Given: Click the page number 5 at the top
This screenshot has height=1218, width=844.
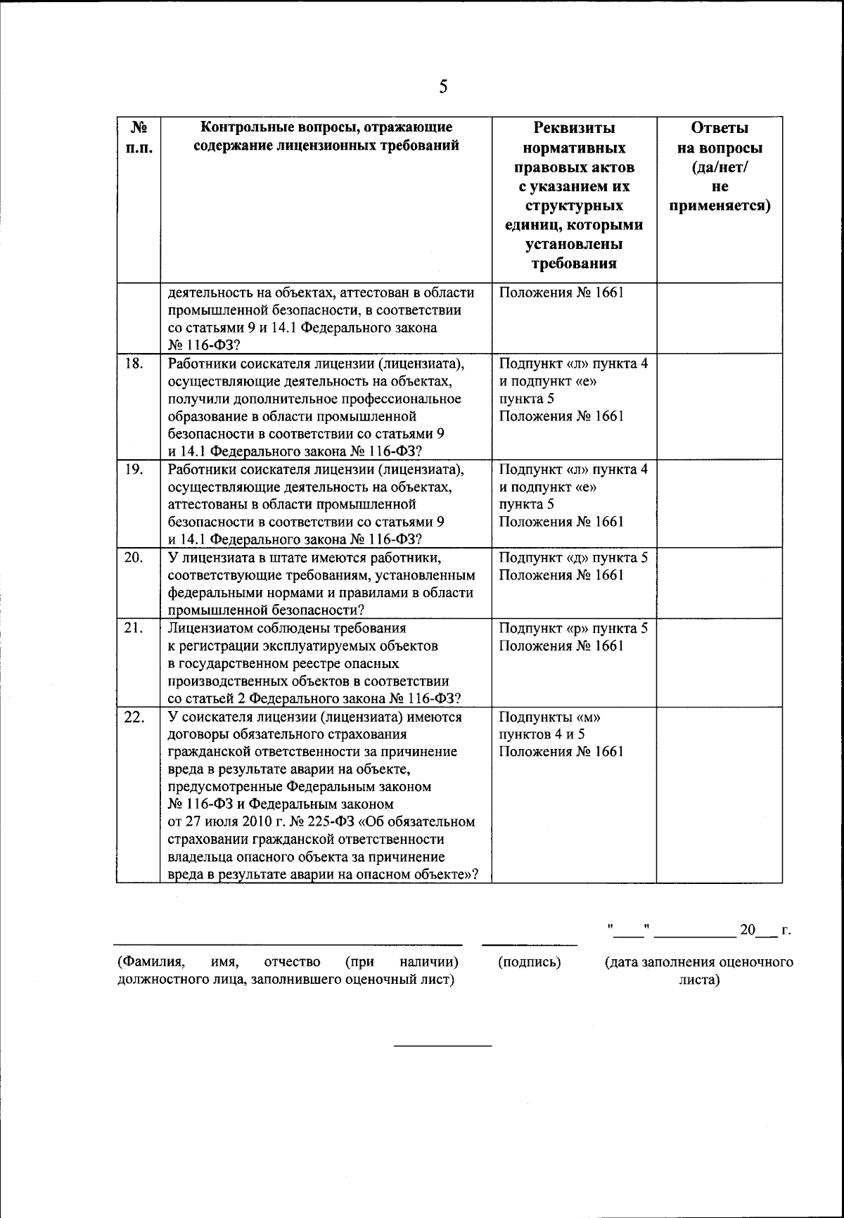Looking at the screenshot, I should pos(442,86).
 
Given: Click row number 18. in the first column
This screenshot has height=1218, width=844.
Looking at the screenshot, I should pos(134,364).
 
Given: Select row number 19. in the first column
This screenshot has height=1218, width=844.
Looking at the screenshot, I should pos(134,470).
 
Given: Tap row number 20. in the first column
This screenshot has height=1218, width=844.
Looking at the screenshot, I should pos(134,558).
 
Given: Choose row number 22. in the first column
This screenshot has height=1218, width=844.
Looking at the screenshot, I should pos(134,717).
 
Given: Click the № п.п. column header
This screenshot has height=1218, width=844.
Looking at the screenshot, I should pos(139,139).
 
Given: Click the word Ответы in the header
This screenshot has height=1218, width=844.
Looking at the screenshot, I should pos(719,128).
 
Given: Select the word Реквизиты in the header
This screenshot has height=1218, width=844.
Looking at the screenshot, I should pos(574,128).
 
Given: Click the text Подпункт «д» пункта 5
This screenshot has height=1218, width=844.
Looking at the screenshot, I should pos(573,558).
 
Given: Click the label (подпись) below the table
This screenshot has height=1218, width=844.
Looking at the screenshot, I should pos(529,962).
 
